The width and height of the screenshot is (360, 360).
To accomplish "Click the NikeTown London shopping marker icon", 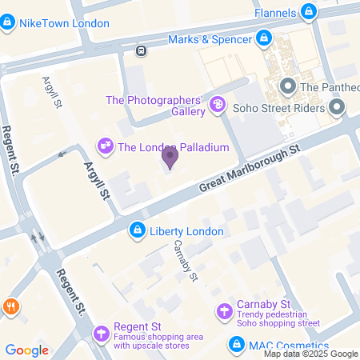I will (8, 23).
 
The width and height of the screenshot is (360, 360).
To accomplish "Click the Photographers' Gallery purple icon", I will (216, 105).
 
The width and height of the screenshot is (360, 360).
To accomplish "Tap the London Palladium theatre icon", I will (105, 146).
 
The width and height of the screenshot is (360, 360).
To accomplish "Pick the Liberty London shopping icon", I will (138, 231).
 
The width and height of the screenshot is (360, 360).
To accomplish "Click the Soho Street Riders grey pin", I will (336, 106).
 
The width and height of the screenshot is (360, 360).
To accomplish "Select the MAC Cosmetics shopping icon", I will (237, 345).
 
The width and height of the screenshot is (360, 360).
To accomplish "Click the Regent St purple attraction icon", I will (101, 333).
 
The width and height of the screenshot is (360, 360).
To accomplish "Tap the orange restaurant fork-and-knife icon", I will (10, 306).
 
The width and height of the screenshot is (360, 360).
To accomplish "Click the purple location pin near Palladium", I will (170, 158).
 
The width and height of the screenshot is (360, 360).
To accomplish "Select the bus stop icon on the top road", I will (141, 50).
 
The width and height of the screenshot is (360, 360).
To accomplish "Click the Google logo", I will (27, 350).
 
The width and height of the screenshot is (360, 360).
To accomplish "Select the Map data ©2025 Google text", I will (311, 354).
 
